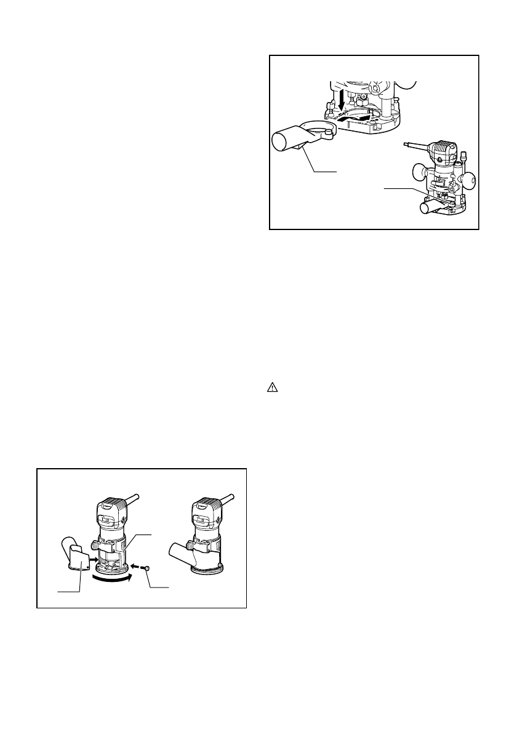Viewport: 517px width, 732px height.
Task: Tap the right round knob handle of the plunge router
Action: [471, 179]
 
